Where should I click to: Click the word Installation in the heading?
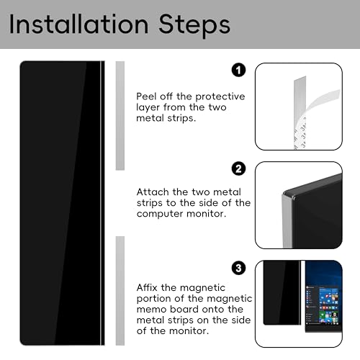[x=78, y=24]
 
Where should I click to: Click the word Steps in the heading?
[x=194, y=25]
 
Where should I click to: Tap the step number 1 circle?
[x=238, y=70]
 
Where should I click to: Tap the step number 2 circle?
[x=238, y=168]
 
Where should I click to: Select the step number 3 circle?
[x=238, y=268]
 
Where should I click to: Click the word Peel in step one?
[x=146, y=96]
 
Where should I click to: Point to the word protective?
[x=220, y=97]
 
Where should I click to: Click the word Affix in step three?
[x=147, y=287]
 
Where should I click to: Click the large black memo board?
[x=62, y=203]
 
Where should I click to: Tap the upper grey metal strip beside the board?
[x=120, y=116]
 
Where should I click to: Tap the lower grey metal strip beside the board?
[x=120, y=291]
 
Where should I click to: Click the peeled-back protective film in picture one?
[x=323, y=101]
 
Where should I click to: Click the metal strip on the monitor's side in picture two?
[x=287, y=222]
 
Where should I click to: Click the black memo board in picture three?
[x=282, y=293]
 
